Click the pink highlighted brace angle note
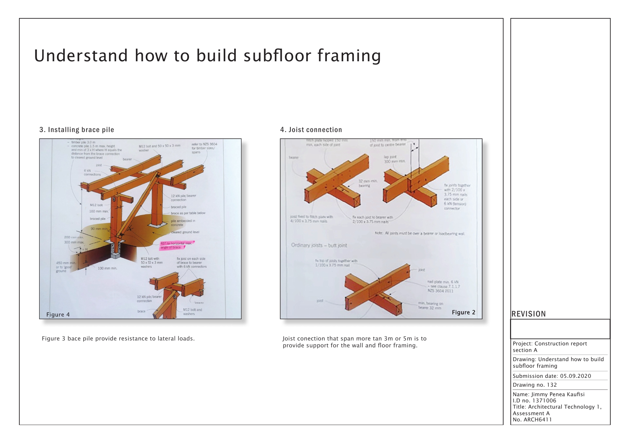pyautogui.click(x=177, y=245)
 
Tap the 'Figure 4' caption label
pyautogui.click(x=58, y=315)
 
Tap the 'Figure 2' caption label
pyautogui.click(x=463, y=312)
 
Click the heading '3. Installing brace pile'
pyautogui.click(x=77, y=130)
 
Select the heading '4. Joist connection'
pyautogui.click(x=311, y=130)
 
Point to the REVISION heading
pyautogui.click(x=528, y=314)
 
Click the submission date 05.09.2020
pyautogui.click(x=575, y=376)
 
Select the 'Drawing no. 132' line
pyautogui.click(x=535, y=385)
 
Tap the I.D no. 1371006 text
pyautogui.click(x=534, y=400)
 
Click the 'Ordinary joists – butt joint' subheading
pyautogui.click(x=319, y=245)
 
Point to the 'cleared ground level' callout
pyautogui.click(x=185, y=232)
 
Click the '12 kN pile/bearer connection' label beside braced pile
pyautogui.click(x=183, y=198)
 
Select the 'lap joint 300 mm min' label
pyautogui.click(x=394, y=159)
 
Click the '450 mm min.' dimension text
pyautogui.click(x=66, y=263)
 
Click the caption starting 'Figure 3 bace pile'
pyautogui.click(x=118, y=339)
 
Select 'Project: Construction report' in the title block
pyautogui.click(x=549, y=343)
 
